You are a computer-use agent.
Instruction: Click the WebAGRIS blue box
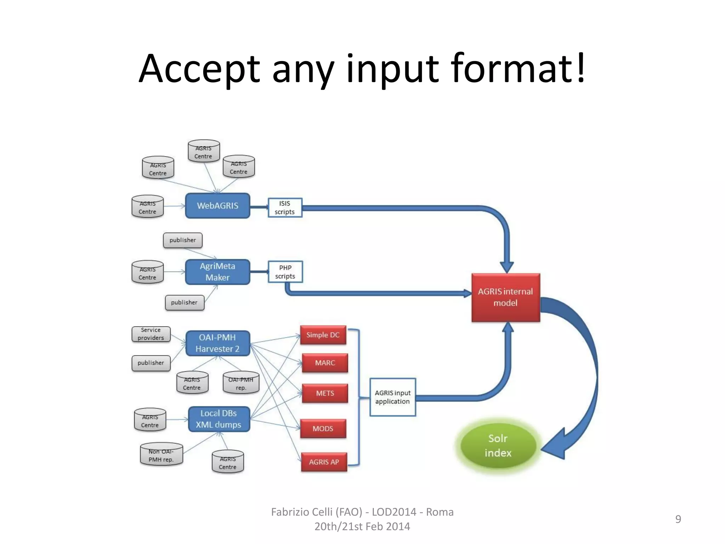[217, 206]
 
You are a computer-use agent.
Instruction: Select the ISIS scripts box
[285, 208]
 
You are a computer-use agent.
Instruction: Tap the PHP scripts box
[285, 272]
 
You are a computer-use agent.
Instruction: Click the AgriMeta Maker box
[217, 272]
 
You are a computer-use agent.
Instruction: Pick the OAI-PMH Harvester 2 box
[218, 343]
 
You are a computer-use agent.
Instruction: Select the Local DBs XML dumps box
[219, 419]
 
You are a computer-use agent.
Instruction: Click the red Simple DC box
[323, 335]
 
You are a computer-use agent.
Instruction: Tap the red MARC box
[325, 363]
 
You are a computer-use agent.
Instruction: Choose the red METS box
[325, 393]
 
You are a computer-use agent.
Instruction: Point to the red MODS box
[323, 429]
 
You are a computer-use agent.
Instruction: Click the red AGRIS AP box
[324, 462]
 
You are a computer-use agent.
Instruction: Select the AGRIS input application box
[393, 397]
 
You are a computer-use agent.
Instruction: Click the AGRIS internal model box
[506, 297]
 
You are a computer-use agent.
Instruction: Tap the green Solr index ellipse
[498, 446]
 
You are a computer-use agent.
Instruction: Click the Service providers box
[151, 334]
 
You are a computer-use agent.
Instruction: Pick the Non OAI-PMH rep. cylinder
[161, 454]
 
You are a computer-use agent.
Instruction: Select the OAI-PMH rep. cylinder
[241, 383]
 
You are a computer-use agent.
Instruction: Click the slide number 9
[678, 519]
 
